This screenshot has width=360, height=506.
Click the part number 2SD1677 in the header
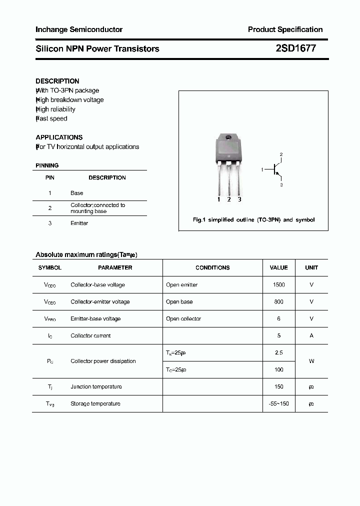point(295,48)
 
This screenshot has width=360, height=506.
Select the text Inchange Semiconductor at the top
point(79,29)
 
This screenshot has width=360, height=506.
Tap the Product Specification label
point(285,29)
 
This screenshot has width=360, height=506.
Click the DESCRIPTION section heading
point(57,81)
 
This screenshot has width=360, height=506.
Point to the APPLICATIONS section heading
point(59,137)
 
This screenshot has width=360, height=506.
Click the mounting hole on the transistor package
point(228,138)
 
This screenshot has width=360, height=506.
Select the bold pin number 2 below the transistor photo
point(229,199)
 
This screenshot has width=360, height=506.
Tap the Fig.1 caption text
point(253,220)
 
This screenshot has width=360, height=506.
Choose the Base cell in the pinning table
point(77,193)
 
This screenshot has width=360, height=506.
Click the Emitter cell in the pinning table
point(79,223)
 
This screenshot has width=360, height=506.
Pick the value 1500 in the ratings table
point(278,284)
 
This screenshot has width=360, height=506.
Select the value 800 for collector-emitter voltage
point(278,301)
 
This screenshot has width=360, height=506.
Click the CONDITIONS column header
point(212,267)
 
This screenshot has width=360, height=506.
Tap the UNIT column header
point(311,267)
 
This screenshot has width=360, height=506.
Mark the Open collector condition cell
point(183,318)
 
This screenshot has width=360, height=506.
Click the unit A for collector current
point(311,335)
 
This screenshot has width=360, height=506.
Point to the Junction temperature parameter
point(96,386)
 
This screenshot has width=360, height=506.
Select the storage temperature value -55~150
point(278,403)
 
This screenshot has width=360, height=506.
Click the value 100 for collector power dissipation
point(278,369)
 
